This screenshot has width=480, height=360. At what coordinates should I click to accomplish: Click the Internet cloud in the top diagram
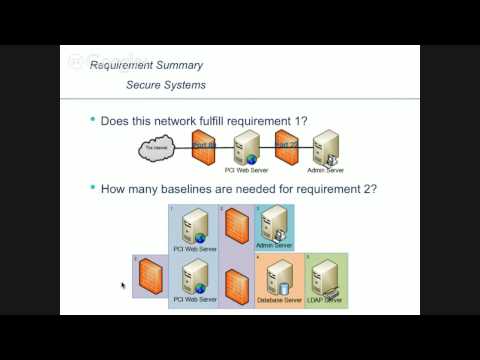(x=159, y=150)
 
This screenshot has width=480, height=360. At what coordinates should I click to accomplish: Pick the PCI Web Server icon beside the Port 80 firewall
(x=246, y=147)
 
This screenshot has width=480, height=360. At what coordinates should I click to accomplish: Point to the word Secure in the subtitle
(x=146, y=86)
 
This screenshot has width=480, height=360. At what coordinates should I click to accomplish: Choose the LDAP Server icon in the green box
(x=323, y=279)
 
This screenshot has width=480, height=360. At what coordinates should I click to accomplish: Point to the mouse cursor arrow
(x=124, y=286)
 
